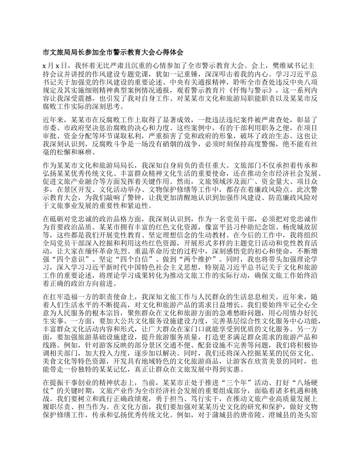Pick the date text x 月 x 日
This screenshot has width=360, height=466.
tap(53, 66)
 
